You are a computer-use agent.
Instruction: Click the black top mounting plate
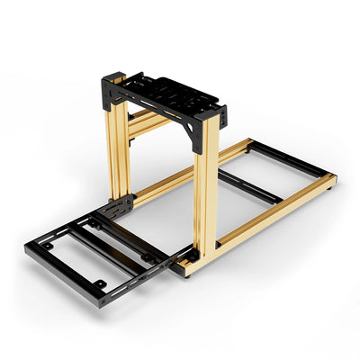click(x=166, y=91)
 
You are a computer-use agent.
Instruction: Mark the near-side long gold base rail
click(x=270, y=220)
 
